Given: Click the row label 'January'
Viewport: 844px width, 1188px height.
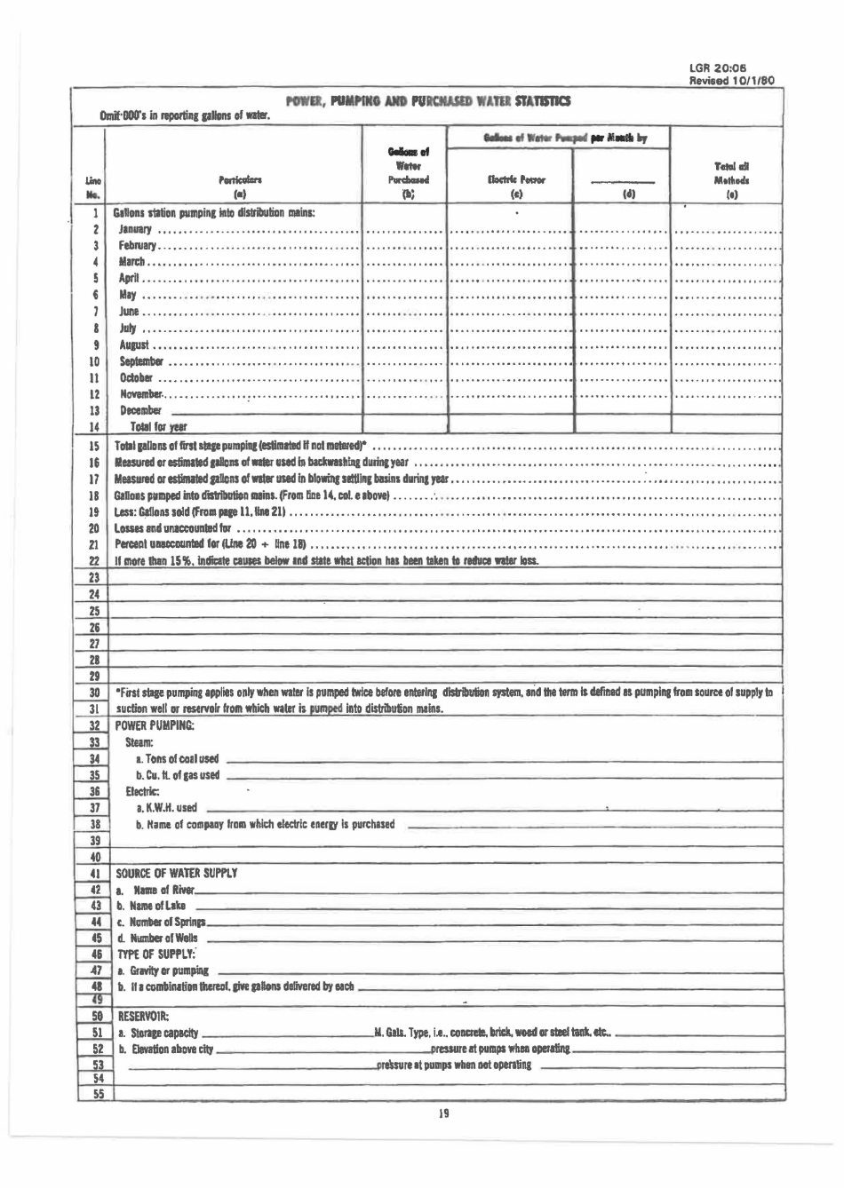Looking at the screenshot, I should coord(135,230).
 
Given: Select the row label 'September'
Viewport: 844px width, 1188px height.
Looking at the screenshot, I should coord(141,361).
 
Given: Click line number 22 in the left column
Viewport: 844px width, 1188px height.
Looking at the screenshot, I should coord(92,561).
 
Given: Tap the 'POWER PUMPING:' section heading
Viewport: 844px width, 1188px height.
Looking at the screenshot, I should coord(155,725).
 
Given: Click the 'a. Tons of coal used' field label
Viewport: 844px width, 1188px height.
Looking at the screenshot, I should coord(176,758).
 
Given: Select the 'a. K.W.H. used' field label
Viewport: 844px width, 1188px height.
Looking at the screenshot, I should coord(166,807).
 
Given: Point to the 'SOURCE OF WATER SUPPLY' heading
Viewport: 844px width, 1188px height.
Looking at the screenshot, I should coord(176,873).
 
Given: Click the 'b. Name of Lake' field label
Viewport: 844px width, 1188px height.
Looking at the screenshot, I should coord(151,906).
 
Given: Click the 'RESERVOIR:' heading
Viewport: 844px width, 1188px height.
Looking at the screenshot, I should coord(143,1016).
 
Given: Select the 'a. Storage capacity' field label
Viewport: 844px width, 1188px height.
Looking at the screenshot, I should coord(157,1033).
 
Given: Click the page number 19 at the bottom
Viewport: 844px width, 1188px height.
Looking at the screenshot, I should coord(442,1113).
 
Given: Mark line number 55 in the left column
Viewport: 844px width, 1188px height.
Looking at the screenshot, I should coord(97,1095).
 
